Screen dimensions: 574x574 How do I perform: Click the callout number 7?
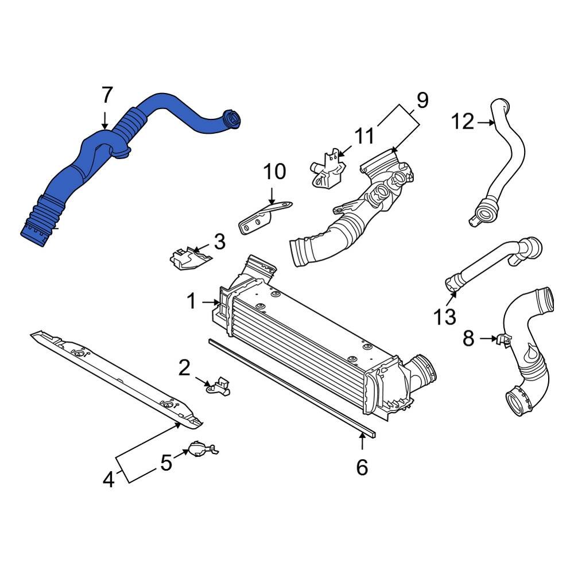107,95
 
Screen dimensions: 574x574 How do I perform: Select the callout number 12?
462,122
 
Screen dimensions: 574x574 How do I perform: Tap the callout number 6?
362,467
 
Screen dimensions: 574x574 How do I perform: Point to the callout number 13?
445,316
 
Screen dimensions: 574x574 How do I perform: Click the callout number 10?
274,172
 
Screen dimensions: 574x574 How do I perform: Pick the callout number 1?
191,300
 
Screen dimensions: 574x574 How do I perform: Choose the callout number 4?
108,479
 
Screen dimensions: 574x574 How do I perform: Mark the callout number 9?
422,100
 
